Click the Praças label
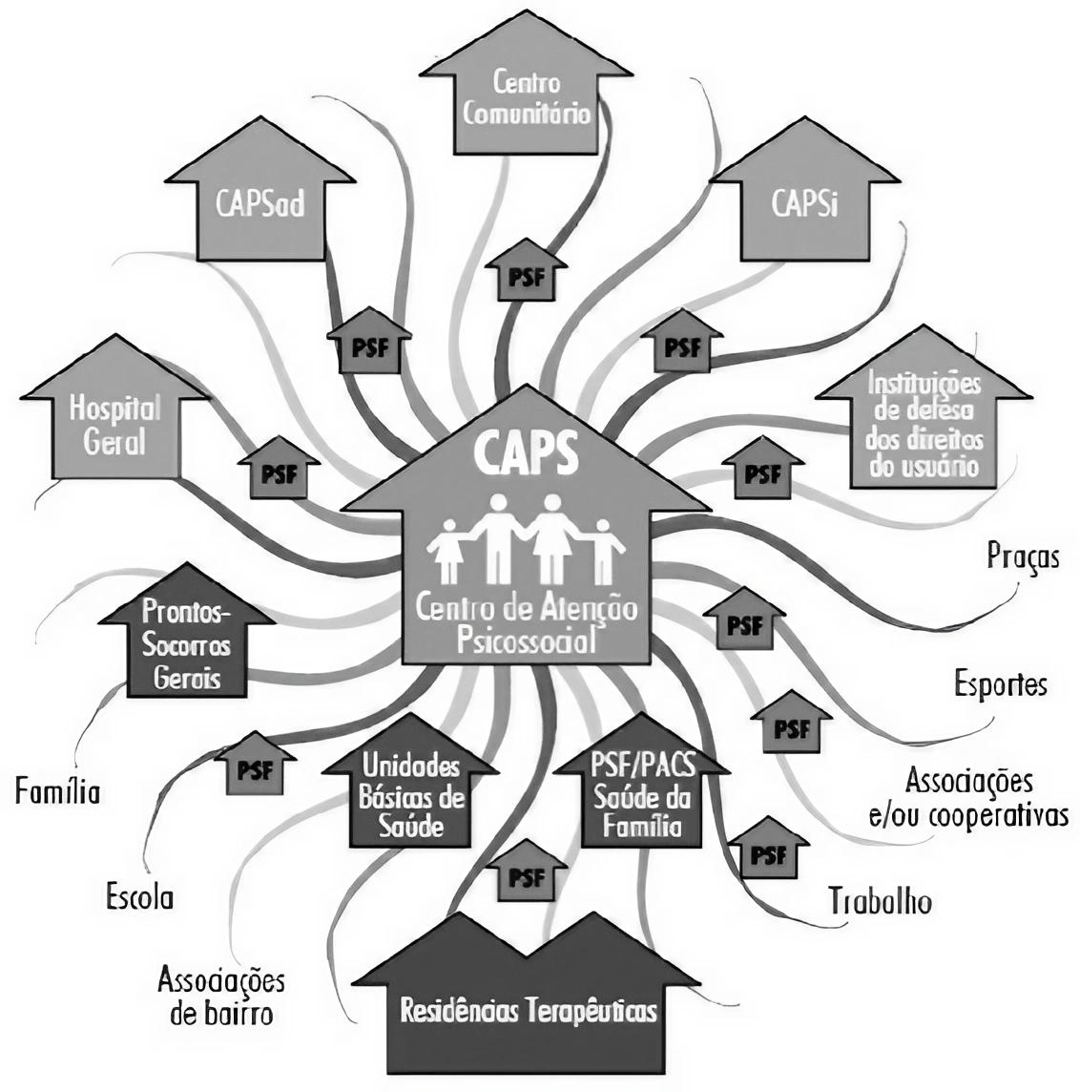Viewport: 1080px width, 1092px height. tap(1023, 556)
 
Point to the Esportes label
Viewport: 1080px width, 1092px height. tap(1000, 683)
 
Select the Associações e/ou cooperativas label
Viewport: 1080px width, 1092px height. tap(968, 798)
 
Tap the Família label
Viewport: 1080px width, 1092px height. tap(57, 791)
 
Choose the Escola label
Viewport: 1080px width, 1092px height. tap(140, 897)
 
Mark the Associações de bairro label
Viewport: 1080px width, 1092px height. tap(221, 996)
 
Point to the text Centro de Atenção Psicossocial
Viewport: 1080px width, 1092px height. tap(525, 621)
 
